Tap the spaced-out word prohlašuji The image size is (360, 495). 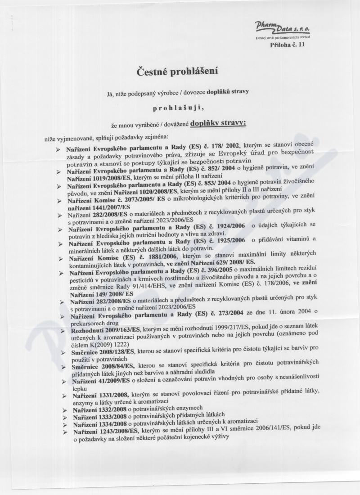tap(178, 107)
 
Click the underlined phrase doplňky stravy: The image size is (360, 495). tap(218, 122)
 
